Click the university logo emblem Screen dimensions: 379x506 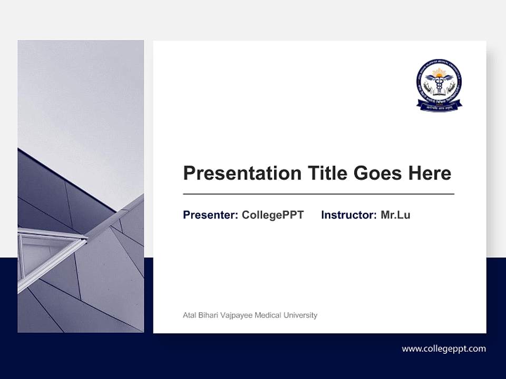pos(439,85)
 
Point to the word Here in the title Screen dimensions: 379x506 pos(430,173)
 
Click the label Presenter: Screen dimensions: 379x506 pos(210,215)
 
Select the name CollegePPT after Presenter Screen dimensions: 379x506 pos(273,215)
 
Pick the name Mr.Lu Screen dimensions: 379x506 pos(395,215)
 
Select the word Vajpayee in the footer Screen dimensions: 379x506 pos(237,315)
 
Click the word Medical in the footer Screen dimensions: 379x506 pos(268,315)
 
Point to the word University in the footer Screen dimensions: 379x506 pos(300,315)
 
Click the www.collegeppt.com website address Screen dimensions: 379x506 pos(444,348)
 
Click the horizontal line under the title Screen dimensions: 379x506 pos(318,194)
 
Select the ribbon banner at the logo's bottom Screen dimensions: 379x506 pos(439,105)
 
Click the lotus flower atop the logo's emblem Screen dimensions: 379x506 pos(439,72)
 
